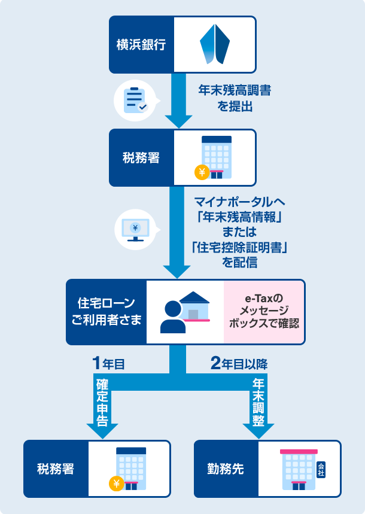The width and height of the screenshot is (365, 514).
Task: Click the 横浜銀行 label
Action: pos(141,44)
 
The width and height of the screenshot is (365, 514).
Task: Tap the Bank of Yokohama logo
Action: pos(215,44)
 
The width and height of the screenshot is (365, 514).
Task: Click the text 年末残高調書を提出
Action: pos(234,99)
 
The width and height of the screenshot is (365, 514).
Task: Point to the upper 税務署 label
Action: pos(141,158)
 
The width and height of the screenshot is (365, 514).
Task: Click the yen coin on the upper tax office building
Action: pos(202,173)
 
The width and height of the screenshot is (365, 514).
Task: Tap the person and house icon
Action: pos(185,312)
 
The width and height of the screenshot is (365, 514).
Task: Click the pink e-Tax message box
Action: pos(264,312)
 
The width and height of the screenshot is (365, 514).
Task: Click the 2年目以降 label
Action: pos(239,363)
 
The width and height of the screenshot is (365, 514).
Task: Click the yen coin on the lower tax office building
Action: pos(116,483)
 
